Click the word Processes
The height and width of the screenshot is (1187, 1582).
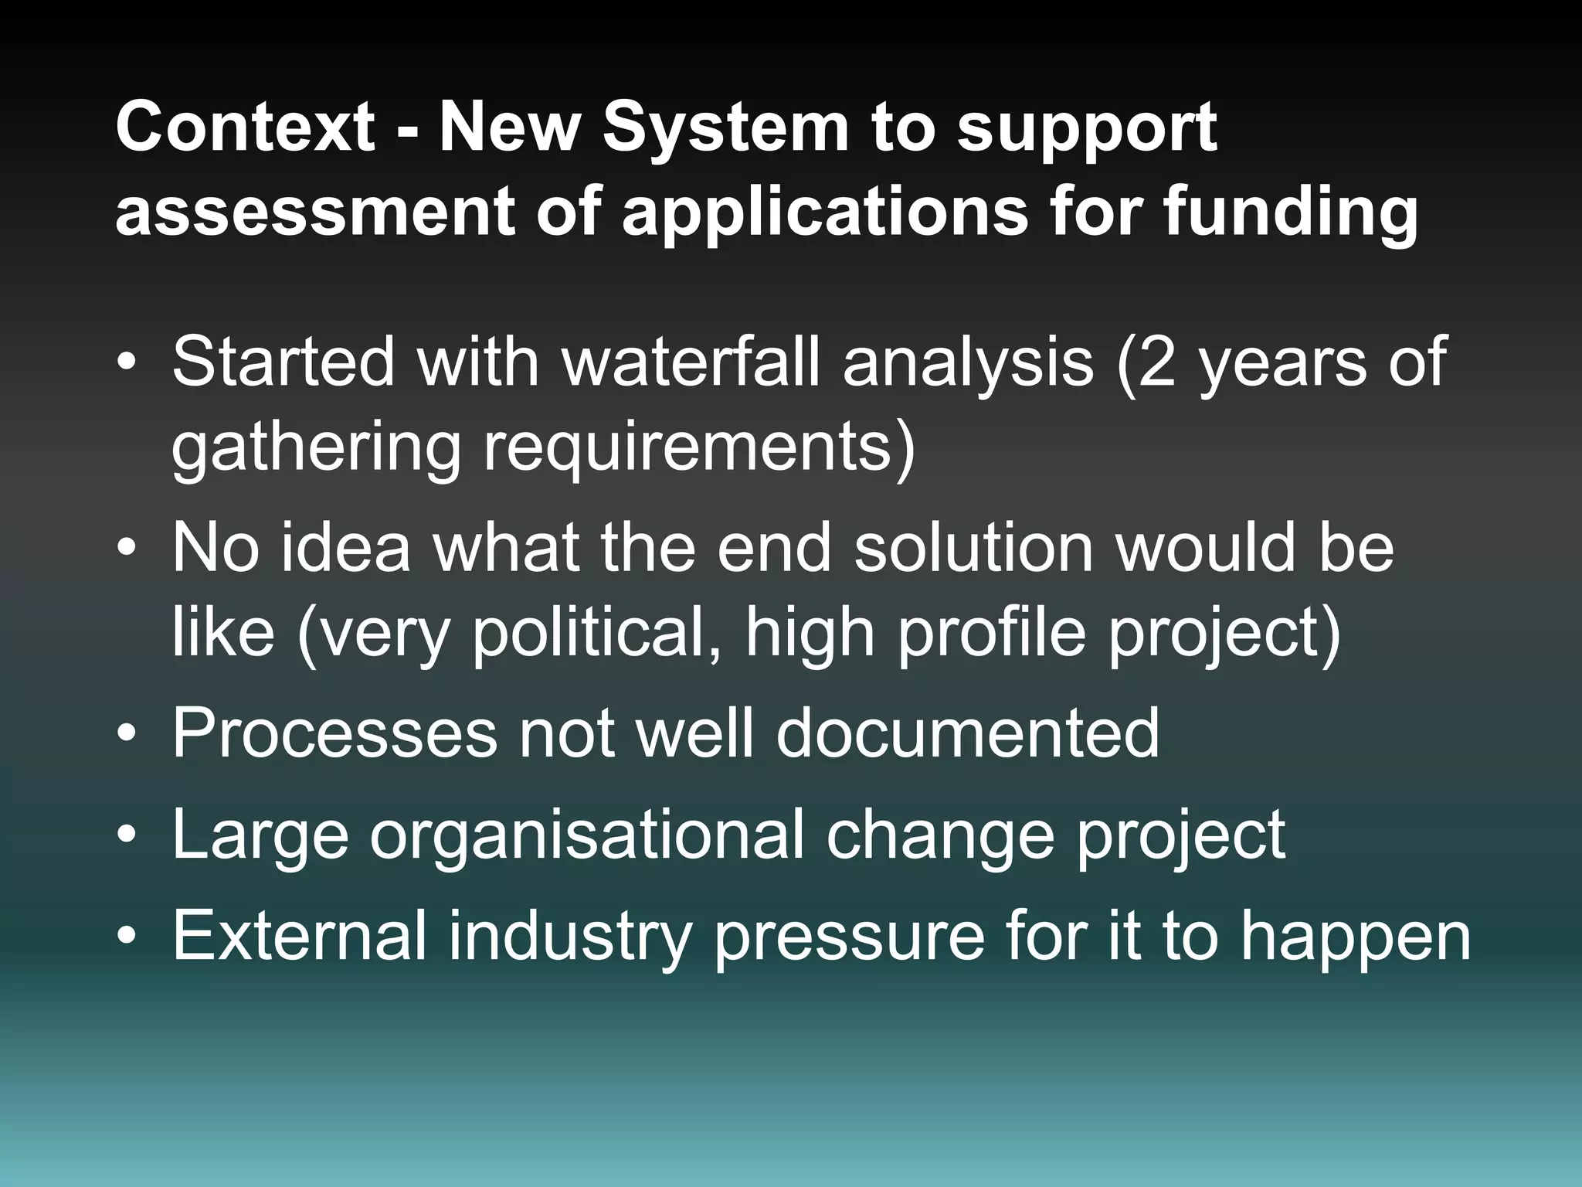334,732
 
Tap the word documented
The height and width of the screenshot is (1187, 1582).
966,732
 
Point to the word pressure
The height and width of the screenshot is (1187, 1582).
849,935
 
